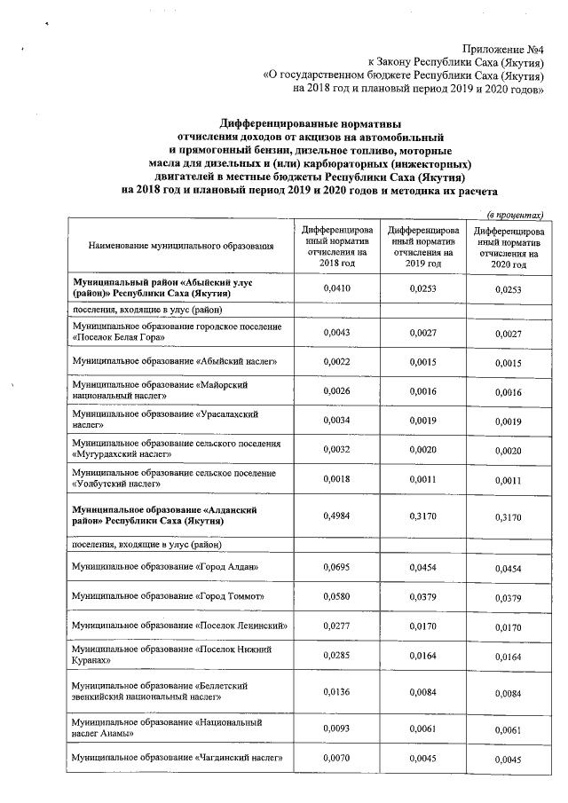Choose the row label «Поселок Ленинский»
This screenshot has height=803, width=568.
pos(182,626)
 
